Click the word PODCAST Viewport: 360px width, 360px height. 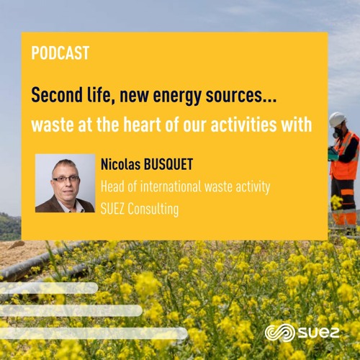click(x=60, y=53)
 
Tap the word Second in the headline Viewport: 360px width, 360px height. click(x=55, y=95)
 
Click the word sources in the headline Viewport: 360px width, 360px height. click(x=235, y=95)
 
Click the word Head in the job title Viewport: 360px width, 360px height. click(x=113, y=187)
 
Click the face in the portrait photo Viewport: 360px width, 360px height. click(x=65, y=177)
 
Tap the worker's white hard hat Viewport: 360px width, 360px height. click(x=337, y=118)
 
